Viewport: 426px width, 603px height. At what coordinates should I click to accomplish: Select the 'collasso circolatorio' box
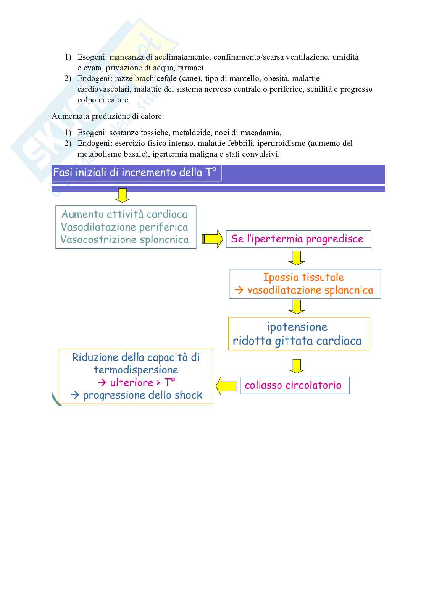tap(294, 385)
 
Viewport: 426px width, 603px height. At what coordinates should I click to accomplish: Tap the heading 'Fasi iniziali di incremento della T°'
tap(134, 173)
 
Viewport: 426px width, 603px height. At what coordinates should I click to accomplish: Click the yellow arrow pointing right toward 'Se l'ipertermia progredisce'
tap(212, 239)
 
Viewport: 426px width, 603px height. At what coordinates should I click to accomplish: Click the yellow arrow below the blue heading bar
tap(122, 195)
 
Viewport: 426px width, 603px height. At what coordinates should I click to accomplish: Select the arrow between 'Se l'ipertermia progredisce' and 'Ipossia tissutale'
tap(297, 258)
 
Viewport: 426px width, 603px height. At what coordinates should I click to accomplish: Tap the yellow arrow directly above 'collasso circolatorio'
tap(297, 366)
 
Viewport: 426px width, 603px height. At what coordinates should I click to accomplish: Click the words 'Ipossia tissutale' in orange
tap(303, 277)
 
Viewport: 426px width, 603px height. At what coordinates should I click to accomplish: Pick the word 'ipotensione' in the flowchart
tap(297, 327)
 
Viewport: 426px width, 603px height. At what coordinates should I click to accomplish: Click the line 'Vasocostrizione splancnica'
tap(125, 240)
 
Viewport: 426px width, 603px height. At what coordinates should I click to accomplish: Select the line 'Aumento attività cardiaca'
tap(124, 214)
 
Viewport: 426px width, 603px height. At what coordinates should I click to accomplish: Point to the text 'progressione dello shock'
tap(143, 395)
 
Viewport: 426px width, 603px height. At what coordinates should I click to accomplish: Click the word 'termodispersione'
tap(136, 370)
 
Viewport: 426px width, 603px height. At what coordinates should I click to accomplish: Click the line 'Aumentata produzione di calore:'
tap(108, 116)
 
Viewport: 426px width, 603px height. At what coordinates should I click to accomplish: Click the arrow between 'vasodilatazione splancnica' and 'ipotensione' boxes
tap(297, 307)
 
